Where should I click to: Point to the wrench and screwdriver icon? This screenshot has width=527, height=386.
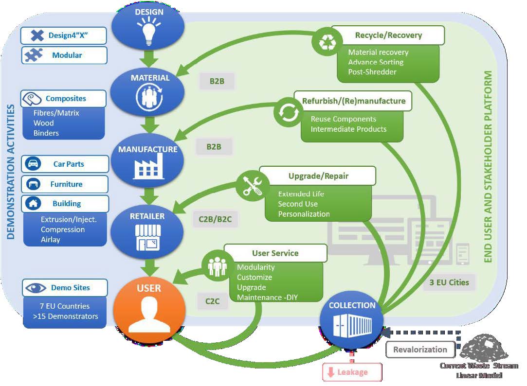click(253, 185)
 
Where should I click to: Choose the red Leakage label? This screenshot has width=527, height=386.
click(352, 372)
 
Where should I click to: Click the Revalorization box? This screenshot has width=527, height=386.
click(419, 350)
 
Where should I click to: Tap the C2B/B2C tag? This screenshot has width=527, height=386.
click(215, 219)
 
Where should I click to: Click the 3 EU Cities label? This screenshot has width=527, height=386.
click(449, 282)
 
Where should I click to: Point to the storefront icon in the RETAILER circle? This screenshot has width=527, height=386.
click(147, 237)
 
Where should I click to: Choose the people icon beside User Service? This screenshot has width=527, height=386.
click(217, 265)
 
